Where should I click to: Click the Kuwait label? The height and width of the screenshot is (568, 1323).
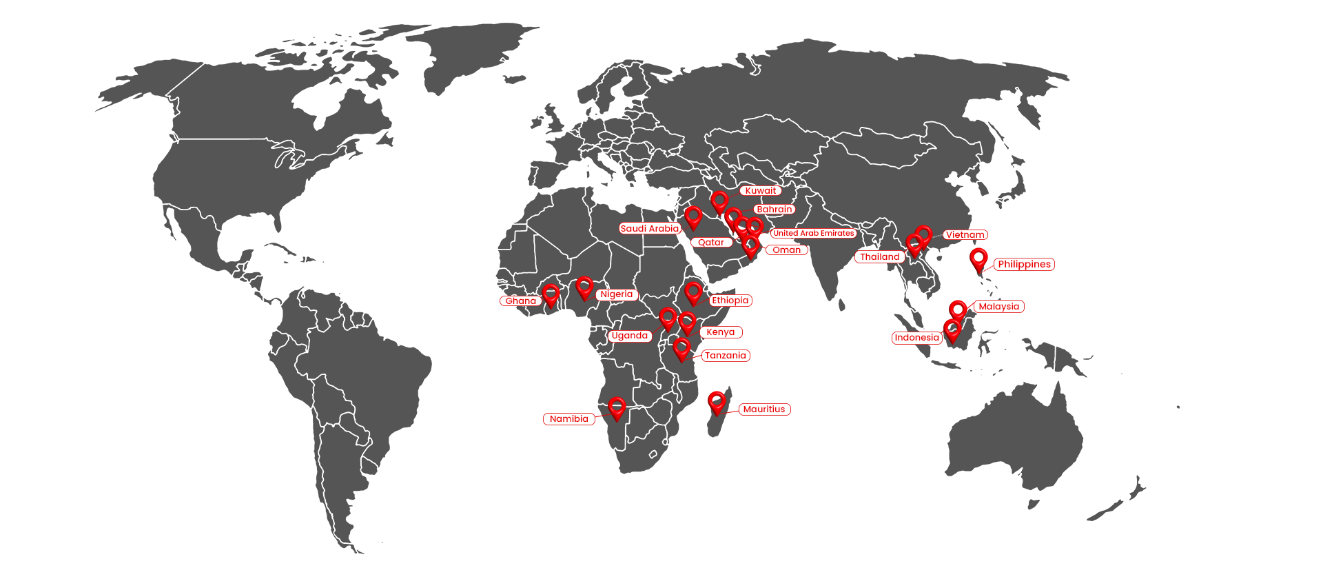(760, 191)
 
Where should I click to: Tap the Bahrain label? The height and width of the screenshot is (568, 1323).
(774, 210)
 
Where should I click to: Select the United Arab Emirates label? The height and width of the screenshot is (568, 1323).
(813, 234)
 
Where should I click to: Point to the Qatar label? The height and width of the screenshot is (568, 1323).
(711, 243)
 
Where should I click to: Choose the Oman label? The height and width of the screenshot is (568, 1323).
(786, 250)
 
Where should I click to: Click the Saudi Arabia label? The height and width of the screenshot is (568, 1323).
(649, 229)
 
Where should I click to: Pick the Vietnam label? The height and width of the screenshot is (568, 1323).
(965, 235)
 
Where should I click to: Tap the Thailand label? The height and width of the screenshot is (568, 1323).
(879, 257)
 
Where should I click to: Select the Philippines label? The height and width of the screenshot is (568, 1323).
(1024, 265)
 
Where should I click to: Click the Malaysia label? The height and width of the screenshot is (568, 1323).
(998, 307)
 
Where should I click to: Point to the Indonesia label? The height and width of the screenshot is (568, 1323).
(916, 338)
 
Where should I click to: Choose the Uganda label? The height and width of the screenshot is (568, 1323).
(630, 336)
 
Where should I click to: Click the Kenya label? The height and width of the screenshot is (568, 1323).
(720, 332)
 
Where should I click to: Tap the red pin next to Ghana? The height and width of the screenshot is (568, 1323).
(551, 295)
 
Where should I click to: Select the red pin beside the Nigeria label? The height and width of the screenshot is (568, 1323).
(584, 287)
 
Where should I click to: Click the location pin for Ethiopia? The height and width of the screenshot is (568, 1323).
(693, 293)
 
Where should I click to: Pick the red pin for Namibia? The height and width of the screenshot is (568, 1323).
(617, 408)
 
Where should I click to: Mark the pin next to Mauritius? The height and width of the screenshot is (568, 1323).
(717, 403)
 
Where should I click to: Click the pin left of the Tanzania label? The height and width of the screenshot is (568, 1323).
(681, 349)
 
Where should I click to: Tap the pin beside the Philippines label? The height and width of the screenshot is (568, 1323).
(978, 259)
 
